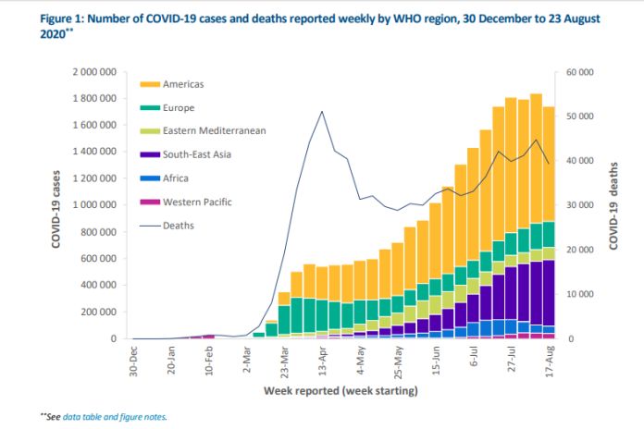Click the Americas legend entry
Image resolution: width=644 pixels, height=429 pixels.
tap(183, 84)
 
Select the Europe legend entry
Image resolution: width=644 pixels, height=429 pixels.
tap(179, 107)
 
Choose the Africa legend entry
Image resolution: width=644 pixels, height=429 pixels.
tap(176, 178)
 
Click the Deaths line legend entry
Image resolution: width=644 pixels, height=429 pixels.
tap(179, 225)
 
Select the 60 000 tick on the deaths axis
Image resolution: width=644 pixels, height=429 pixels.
tap(579, 72)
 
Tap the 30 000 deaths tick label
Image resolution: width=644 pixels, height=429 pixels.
tap(579, 205)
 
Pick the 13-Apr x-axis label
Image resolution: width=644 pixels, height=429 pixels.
tap(321, 361)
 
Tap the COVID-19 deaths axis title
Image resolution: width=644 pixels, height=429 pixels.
tap(613, 205)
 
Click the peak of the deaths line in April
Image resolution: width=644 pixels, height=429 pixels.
tap(321, 112)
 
